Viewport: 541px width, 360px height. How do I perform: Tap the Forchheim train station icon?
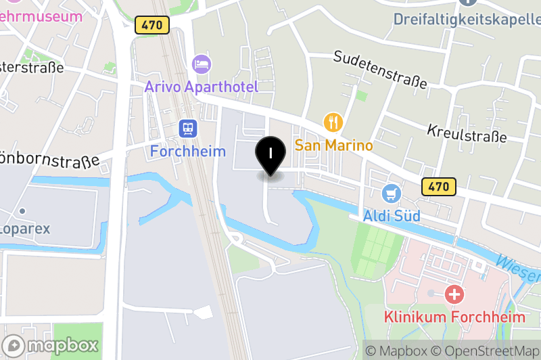coord(187,128)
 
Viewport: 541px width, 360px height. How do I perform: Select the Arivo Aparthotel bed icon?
coord(202,64)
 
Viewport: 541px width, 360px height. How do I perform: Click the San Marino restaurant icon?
coord(333,122)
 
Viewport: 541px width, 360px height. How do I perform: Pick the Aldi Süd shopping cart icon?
coord(392,194)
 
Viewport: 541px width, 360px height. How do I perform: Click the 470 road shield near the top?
coord(152,25)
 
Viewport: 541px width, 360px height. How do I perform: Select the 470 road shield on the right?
coord(439,187)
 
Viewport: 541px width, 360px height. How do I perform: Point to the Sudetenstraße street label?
coord(380,69)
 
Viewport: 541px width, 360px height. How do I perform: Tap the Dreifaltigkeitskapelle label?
coord(467,18)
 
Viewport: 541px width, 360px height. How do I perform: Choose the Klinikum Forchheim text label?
coord(454,317)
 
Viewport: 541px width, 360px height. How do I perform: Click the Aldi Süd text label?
coord(392,216)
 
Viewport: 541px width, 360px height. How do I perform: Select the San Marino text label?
coord(334,145)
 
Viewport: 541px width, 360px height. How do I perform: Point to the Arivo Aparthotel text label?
coord(202,87)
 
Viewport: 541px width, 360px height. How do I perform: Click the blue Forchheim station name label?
coord(187,150)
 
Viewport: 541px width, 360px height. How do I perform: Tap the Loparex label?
coord(25,228)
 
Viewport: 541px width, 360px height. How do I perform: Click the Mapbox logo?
coord(51,345)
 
